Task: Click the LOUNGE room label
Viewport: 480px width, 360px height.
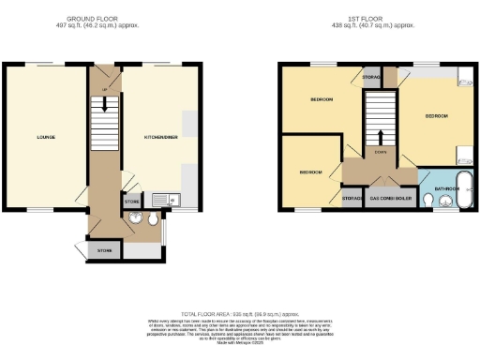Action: point(46,137)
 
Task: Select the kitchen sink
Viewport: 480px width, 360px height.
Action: point(166,199)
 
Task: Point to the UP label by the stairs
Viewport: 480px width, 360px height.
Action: point(104,90)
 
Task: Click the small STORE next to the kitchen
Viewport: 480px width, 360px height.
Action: point(131,200)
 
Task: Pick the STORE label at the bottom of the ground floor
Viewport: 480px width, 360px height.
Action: point(103,251)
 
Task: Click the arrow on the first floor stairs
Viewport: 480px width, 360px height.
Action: point(381,138)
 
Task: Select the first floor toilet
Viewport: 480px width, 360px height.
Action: point(427,200)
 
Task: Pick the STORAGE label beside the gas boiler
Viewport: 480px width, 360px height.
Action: point(352,199)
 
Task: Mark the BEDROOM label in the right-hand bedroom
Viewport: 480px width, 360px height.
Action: point(437,116)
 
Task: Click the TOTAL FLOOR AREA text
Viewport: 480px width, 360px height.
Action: point(241,313)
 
